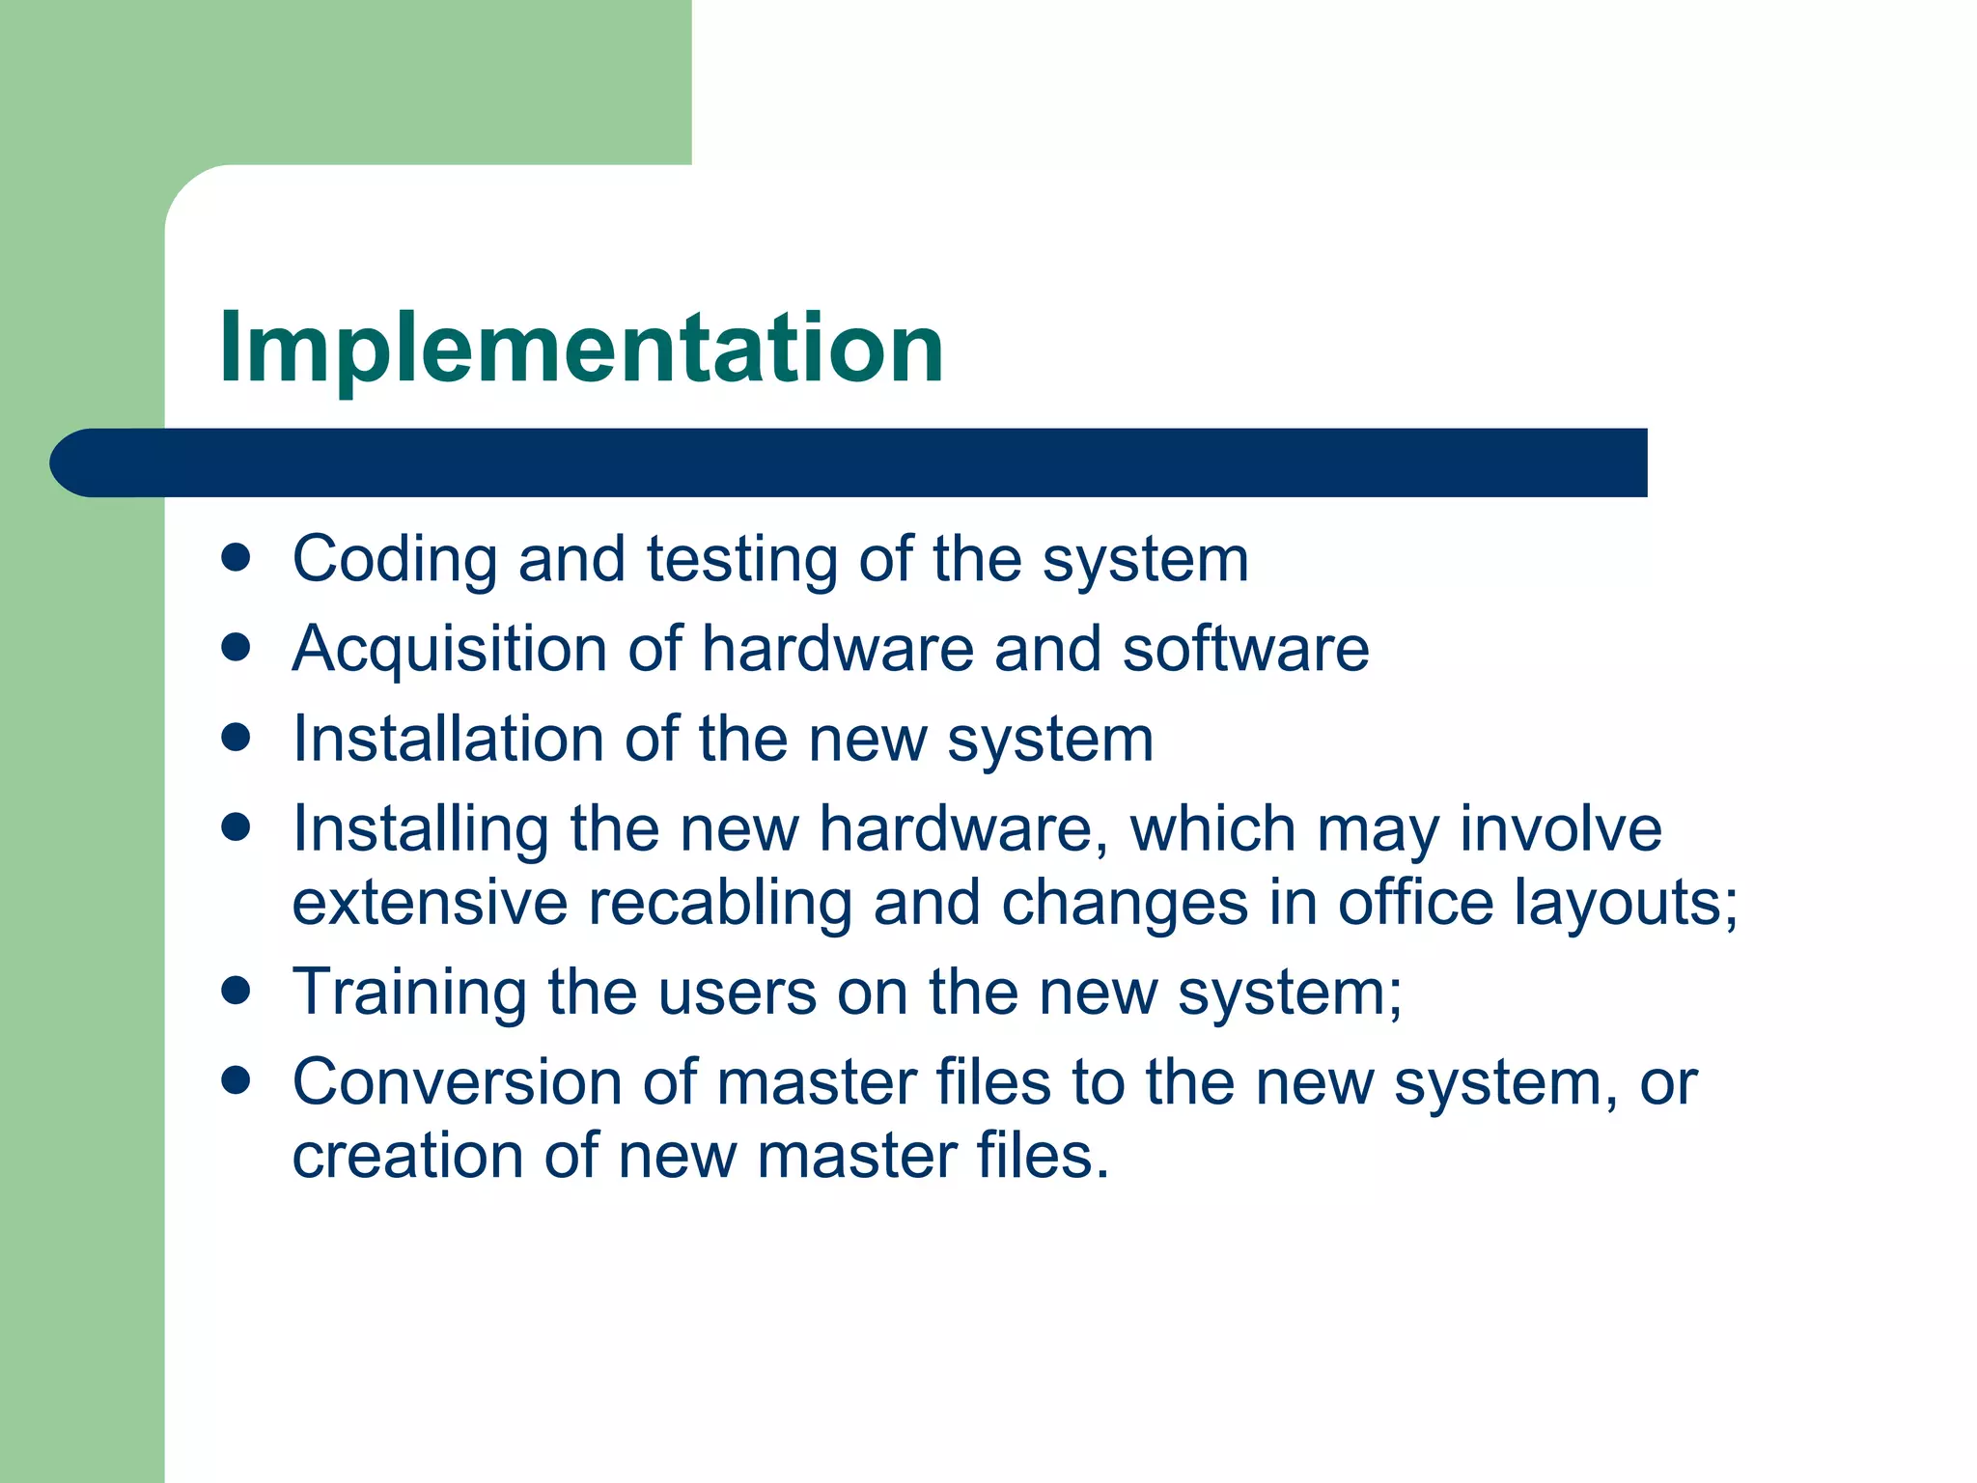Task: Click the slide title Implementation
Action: click(x=581, y=348)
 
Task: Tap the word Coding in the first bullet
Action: click(x=395, y=560)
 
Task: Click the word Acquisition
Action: click(x=450, y=649)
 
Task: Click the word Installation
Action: click(x=448, y=739)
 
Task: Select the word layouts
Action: click(x=1624, y=904)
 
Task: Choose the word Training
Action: click(x=409, y=993)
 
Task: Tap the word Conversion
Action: click(x=457, y=1082)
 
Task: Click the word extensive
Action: click(x=430, y=904)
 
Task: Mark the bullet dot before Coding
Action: click(x=236, y=557)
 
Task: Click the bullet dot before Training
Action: click(x=236, y=991)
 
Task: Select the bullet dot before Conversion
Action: click(x=236, y=1079)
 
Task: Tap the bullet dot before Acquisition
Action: click(x=236, y=646)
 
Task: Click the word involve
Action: click(x=1560, y=829)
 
